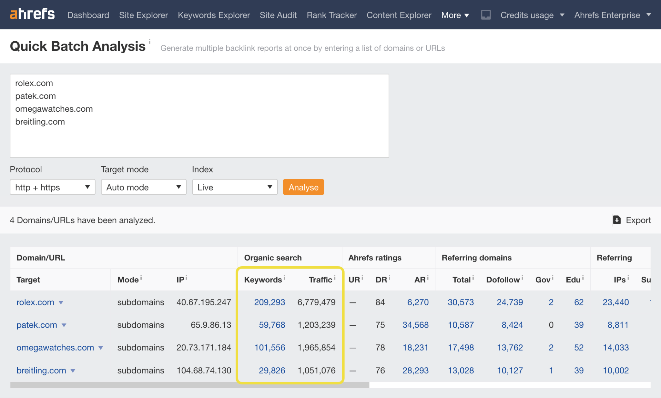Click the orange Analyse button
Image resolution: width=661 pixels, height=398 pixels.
[303, 187]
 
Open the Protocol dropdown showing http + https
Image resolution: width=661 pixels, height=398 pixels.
[52, 187]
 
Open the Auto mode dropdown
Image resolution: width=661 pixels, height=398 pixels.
[144, 187]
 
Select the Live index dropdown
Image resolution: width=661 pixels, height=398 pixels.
[235, 187]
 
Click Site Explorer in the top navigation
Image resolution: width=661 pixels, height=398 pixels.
[143, 15]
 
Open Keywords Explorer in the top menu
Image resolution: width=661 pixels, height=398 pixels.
[214, 15]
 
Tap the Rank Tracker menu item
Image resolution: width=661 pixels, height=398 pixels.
[331, 15]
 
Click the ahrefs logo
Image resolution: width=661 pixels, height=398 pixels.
[32, 14]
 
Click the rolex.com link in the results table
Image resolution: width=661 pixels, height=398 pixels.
[35, 302]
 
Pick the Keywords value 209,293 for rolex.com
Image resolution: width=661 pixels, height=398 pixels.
[269, 302]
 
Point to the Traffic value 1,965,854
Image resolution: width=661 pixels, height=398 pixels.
[316, 348]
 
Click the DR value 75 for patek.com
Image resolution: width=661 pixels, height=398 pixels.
[380, 325]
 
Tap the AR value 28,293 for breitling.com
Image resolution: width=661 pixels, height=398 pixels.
[415, 371]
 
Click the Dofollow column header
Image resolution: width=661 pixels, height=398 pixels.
[503, 280]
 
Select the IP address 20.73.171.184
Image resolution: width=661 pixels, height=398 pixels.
[204, 348]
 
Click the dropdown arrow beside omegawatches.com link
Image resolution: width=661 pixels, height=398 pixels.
[101, 348]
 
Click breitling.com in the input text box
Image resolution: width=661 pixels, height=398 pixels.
[40, 122]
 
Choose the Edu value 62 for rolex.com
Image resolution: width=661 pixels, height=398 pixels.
[579, 302]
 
